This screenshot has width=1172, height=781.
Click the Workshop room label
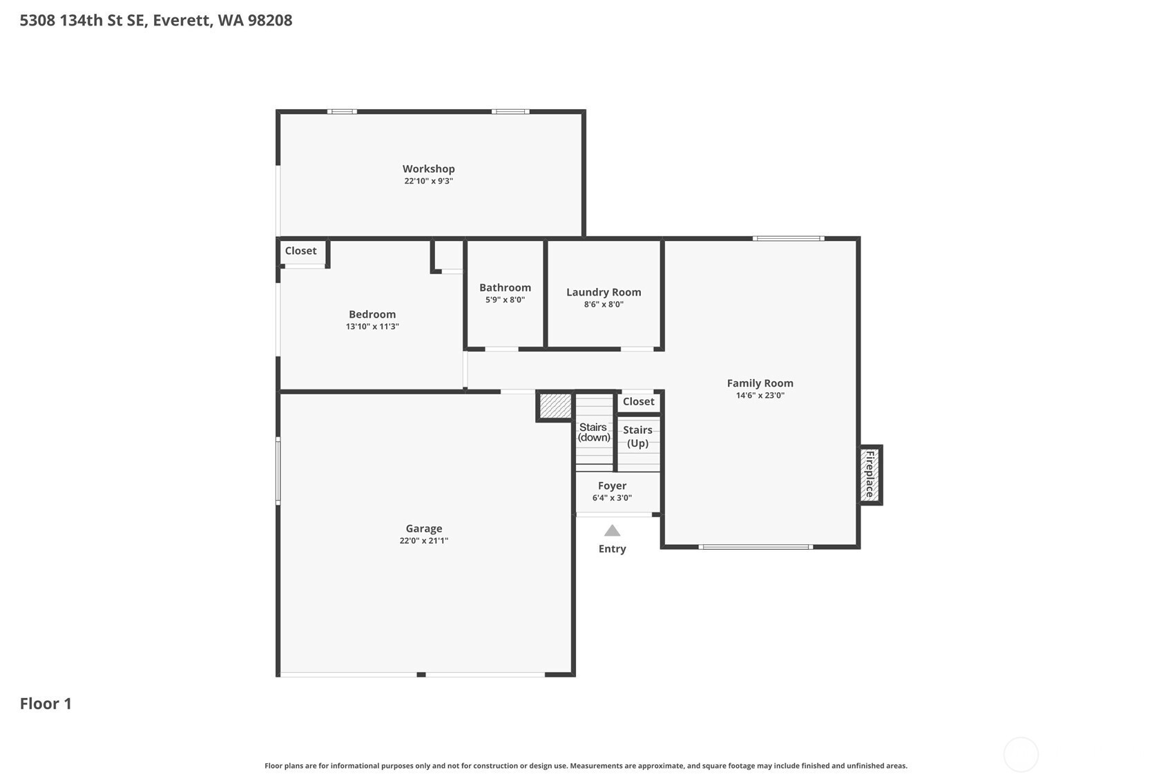pos(428,169)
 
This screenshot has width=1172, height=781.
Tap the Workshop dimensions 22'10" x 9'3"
pos(428,181)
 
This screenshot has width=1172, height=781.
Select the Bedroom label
pos(372,314)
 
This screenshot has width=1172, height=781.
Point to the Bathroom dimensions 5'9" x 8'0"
pos(505,300)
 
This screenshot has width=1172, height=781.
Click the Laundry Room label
pos(604,292)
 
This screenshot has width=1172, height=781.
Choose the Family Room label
pos(760,383)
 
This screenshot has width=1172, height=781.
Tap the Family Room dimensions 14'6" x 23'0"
pos(760,396)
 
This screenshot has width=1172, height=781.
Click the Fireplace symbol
pos(870,474)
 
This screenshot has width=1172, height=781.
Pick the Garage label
pos(424,529)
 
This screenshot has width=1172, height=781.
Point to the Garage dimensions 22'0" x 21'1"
pos(424,541)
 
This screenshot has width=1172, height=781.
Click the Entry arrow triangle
pos(612,531)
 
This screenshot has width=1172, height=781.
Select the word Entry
pos(612,549)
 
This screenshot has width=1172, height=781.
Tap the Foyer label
pos(612,486)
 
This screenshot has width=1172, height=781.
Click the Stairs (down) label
pos(594,432)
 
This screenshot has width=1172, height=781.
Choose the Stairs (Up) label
pos(637,437)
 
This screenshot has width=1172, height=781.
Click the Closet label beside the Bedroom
pos(300,251)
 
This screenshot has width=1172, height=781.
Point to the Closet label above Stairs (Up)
pos(638,401)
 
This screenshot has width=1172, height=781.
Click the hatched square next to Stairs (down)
pos(555,406)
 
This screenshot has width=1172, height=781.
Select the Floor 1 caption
pos(46,704)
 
